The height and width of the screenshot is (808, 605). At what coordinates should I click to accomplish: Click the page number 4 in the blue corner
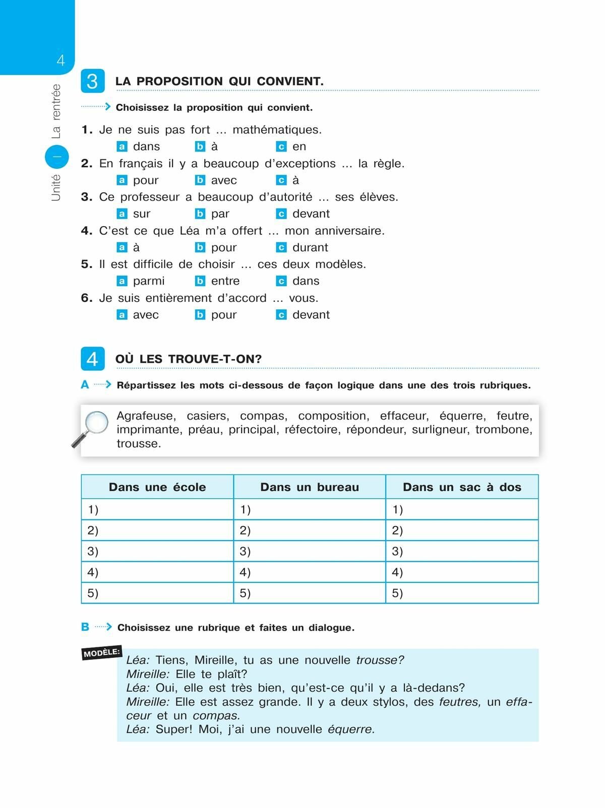[61, 60]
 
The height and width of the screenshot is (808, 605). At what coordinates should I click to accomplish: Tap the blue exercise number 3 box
[93, 81]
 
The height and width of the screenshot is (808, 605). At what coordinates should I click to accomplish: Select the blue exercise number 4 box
[93, 359]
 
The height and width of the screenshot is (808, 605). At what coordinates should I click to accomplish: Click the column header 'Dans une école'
[157, 487]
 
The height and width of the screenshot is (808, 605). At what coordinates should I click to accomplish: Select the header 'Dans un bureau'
[310, 487]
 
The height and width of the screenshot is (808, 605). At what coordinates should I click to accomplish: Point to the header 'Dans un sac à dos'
[462, 487]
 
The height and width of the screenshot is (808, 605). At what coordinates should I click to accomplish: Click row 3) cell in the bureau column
[310, 551]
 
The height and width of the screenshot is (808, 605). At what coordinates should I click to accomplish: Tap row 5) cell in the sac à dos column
[462, 593]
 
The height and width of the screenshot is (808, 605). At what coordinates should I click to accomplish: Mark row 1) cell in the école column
[157, 509]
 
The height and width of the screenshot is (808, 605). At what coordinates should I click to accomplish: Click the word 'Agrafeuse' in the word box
[146, 416]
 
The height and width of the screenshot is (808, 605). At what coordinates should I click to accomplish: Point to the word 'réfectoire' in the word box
[312, 430]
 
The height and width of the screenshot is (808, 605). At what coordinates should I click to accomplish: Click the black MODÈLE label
[102, 653]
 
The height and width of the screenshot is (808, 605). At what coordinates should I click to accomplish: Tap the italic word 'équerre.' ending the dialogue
[351, 729]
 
